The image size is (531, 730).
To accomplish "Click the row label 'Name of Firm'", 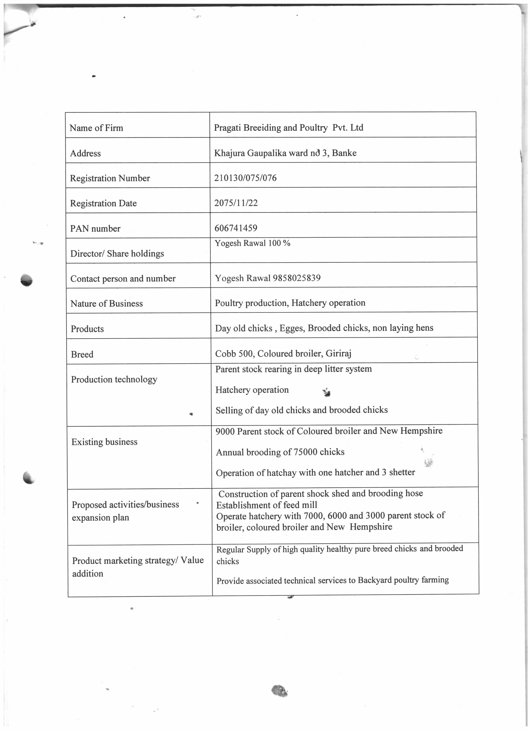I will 96,128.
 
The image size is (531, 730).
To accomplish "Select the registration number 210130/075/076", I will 245,178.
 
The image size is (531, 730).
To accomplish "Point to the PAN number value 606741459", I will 236,228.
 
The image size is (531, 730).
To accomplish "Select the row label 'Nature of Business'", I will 107,304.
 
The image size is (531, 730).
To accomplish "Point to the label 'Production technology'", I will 114,380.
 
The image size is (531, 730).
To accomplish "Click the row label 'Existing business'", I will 104,442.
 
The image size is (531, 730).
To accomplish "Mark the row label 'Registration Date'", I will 103,204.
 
